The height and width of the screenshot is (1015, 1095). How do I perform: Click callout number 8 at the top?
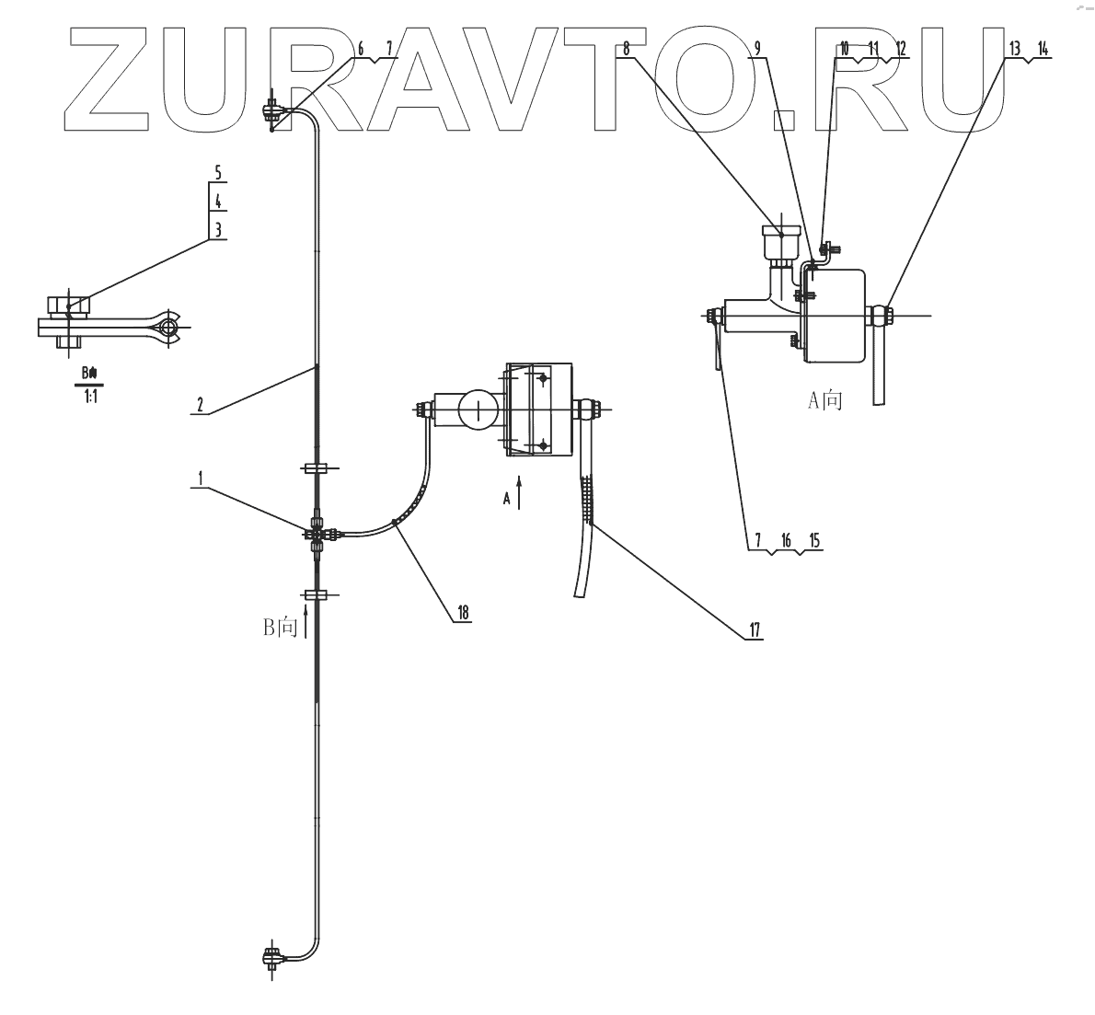point(626,50)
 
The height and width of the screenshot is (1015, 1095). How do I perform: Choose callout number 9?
point(757,50)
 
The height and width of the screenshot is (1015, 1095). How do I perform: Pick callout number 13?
point(1013,50)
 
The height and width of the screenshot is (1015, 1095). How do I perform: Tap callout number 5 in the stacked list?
point(217,173)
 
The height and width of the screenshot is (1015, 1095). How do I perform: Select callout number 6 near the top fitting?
point(361,50)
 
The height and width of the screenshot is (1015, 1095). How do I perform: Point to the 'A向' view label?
point(824,400)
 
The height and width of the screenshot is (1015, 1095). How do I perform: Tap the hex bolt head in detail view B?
point(67,305)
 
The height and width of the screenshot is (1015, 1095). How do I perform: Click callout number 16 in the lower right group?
point(785,540)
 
